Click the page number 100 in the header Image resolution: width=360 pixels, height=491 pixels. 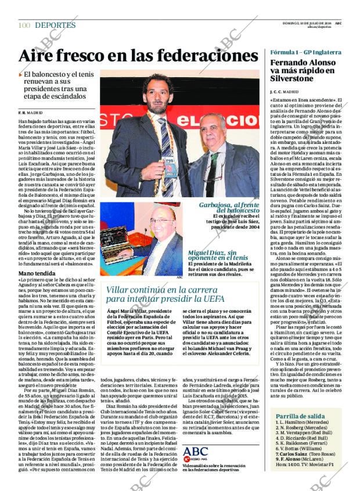coord(24,25)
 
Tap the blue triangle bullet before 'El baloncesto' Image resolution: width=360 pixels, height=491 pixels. coord(20,74)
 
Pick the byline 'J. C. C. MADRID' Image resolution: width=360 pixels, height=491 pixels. coord(285,92)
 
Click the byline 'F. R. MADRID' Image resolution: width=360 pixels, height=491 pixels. coord(30,112)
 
